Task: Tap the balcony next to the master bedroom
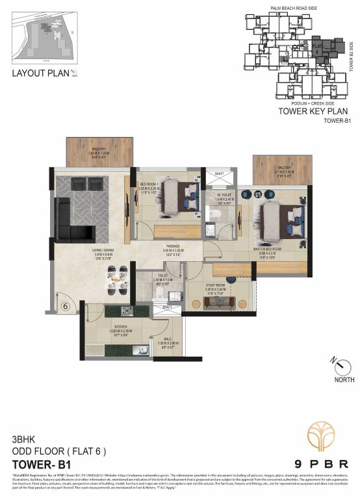279,170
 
